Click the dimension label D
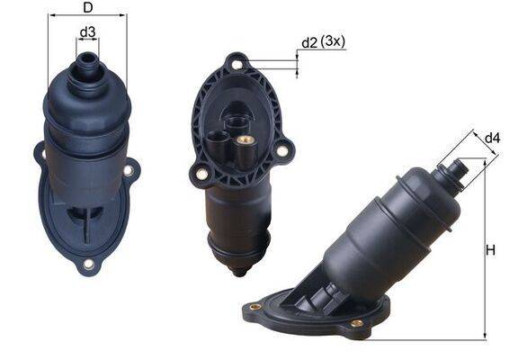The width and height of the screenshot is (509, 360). (x=87, y=9)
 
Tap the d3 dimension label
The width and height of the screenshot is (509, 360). (x=87, y=33)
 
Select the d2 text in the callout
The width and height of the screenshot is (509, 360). (x=310, y=43)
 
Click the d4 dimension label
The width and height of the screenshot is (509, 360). (x=492, y=138)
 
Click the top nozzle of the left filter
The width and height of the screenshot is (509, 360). (x=87, y=63)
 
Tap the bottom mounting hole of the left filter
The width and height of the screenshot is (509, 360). (x=88, y=264)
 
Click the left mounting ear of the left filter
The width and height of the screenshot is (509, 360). (x=40, y=155)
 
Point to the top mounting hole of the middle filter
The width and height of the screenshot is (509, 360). (x=237, y=64)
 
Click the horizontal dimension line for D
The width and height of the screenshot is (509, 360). (x=87, y=15)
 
